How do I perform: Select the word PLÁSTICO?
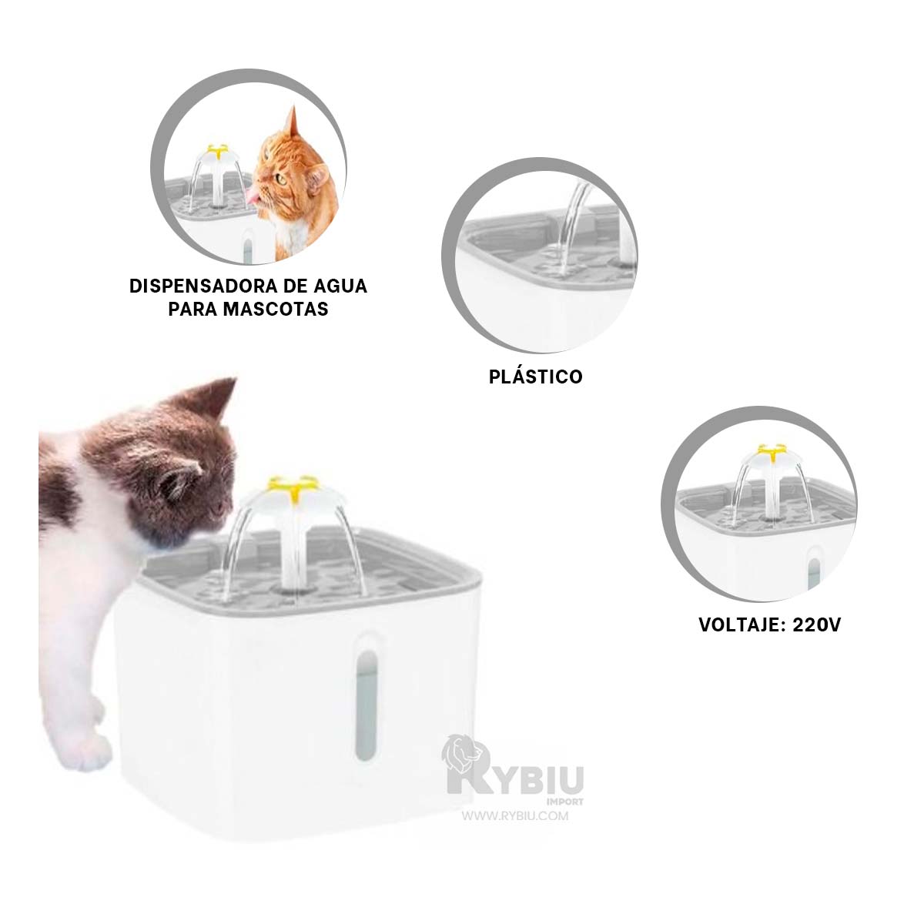(x=536, y=377)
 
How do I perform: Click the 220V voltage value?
(x=815, y=624)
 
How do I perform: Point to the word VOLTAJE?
(x=739, y=624)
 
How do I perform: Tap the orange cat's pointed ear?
(x=290, y=123)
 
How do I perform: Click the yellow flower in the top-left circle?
(x=213, y=148)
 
